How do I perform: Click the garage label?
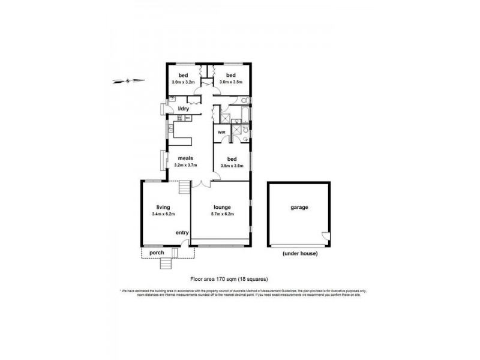[x=299, y=208]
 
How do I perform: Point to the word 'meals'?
[x=185, y=158]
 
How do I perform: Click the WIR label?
[x=221, y=131]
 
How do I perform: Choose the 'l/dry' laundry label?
[x=184, y=109]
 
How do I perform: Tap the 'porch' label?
[x=157, y=253]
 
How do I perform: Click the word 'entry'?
[x=182, y=233]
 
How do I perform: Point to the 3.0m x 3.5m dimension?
[x=230, y=82]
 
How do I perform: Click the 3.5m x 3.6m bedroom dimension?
[x=232, y=166]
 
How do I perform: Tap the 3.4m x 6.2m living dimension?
[x=164, y=214]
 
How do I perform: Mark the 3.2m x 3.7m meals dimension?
[x=185, y=165]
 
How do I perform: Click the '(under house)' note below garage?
[x=299, y=254]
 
